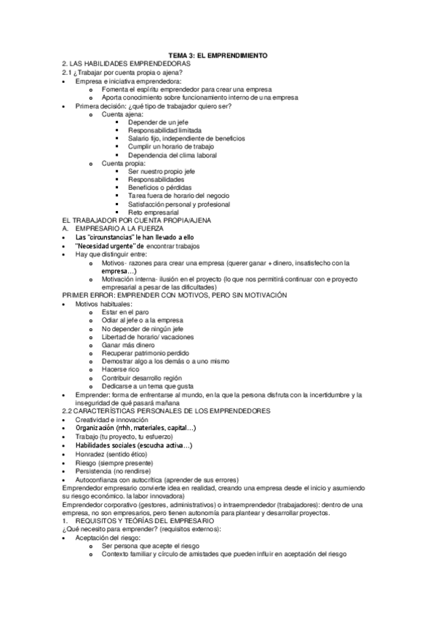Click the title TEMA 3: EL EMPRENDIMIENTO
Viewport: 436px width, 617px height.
tap(219, 55)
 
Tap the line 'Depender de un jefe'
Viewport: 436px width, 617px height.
tap(157, 122)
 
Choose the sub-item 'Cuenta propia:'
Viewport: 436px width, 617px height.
tap(124, 164)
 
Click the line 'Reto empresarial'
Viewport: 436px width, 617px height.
tap(153, 212)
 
